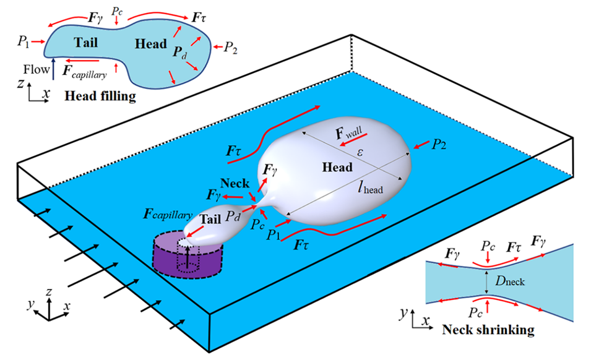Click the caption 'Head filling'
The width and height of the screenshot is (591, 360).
point(100,96)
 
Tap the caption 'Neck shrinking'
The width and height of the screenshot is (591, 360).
point(488,330)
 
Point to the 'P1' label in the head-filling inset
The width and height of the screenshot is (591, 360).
point(23,42)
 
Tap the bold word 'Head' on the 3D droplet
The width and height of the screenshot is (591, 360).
point(337,168)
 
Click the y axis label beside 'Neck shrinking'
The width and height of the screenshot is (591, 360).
point(403,314)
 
